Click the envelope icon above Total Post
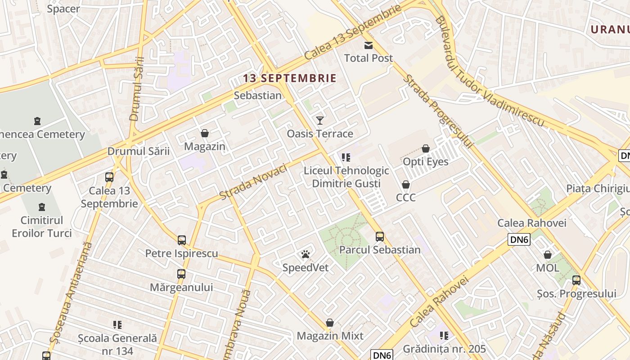pyautogui.click(x=369, y=45)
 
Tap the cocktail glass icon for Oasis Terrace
pyautogui.click(x=320, y=120)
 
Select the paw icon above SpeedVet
pyautogui.click(x=306, y=255)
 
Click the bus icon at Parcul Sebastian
pyautogui.click(x=380, y=237)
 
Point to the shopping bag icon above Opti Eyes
pyautogui.click(x=426, y=148)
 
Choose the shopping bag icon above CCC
pyautogui.click(x=406, y=184)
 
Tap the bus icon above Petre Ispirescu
pyautogui.click(x=182, y=240)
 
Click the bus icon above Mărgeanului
pyautogui.click(x=181, y=274)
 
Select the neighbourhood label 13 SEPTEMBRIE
pyautogui.click(x=290, y=78)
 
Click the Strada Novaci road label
pyautogui.click(x=253, y=183)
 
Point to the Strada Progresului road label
pyautogui.click(x=438, y=112)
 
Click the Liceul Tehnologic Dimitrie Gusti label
pyautogui.click(x=346, y=177)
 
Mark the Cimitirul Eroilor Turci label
pyautogui.click(x=42, y=227)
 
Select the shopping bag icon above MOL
pyautogui.click(x=548, y=255)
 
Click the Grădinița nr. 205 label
pyautogui.click(x=444, y=349)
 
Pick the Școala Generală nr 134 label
pyautogui.click(x=117, y=344)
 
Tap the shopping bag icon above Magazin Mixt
pyautogui.click(x=330, y=323)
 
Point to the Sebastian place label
pyautogui.click(x=258, y=95)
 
